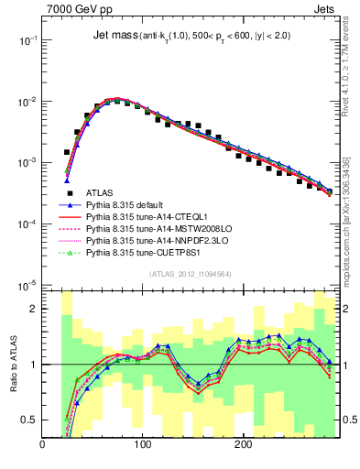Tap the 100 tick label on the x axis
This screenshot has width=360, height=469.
tap(142, 444)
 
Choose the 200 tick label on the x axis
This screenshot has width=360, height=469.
tap(243, 444)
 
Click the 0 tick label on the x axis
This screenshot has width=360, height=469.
tap(42, 444)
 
